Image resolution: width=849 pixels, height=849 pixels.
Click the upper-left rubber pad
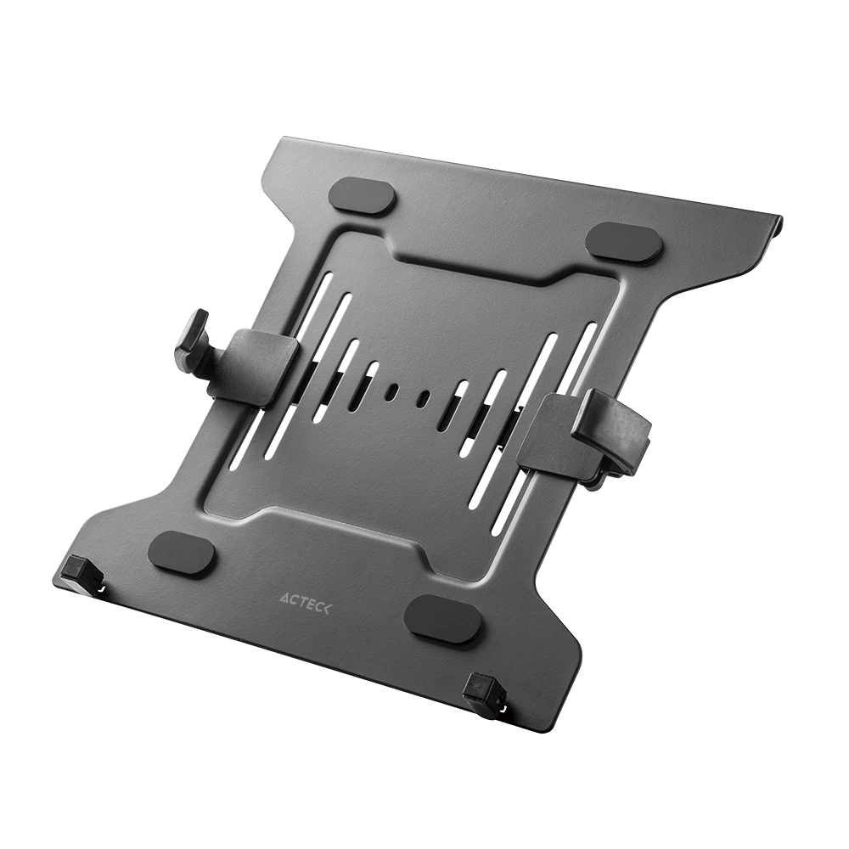363,196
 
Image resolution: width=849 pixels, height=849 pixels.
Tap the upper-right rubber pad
624,243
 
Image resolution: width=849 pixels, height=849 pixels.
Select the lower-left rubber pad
182,554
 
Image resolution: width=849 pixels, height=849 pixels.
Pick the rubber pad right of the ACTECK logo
441,618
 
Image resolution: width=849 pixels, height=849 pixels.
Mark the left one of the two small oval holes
392,392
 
